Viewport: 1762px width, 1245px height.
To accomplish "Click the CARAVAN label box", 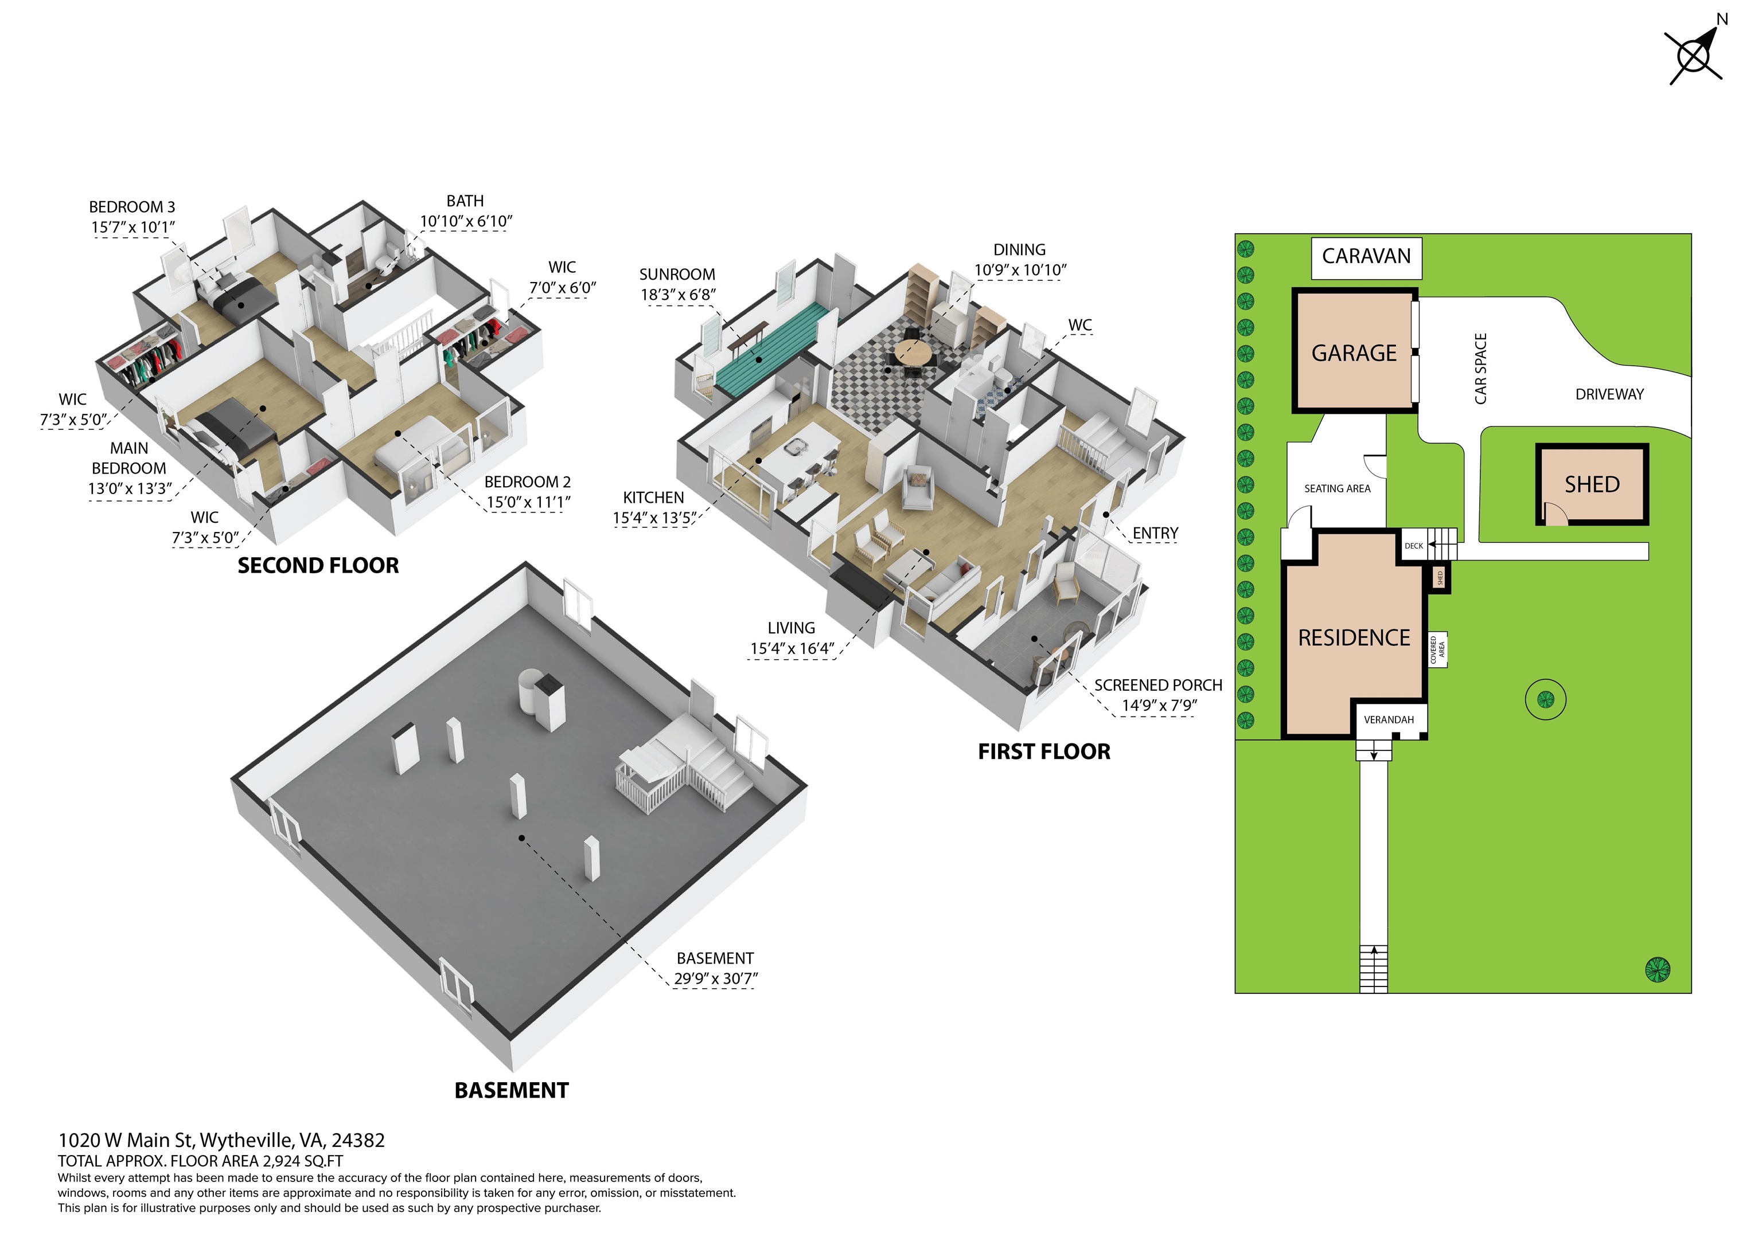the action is (1366, 258).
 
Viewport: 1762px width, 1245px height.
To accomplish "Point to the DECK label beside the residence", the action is (1414, 546).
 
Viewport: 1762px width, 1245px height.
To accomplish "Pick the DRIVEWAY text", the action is (1609, 394).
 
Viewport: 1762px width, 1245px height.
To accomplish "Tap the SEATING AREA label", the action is (1337, 488).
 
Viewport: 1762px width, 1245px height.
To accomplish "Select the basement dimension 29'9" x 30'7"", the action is (715, 979).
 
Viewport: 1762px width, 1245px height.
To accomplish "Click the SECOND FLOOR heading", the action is (318, 566).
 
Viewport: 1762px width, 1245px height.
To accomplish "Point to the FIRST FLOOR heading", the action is (1044, 751).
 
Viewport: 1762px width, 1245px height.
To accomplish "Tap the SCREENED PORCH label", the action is (1158, 685).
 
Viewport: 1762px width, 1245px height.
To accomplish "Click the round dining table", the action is (912, 353).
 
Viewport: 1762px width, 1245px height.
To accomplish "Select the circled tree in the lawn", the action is (1546, 699).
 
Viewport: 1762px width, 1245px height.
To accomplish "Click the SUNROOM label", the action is (677, 275).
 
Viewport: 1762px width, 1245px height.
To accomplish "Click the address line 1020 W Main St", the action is (127, 1141).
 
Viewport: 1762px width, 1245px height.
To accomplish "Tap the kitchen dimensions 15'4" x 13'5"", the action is (654, 519).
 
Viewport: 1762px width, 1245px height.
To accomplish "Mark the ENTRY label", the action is (1155, 533).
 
